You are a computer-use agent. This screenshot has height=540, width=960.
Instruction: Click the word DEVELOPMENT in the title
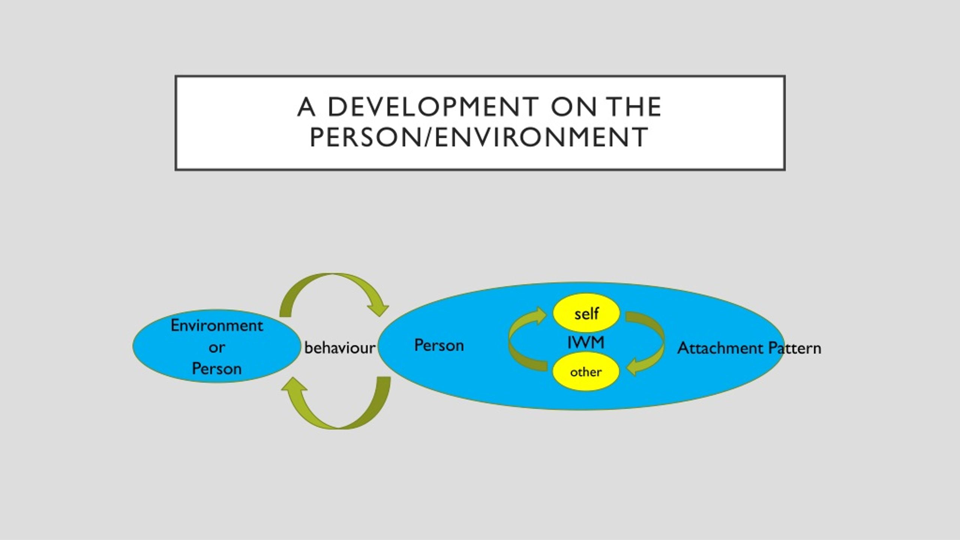433,107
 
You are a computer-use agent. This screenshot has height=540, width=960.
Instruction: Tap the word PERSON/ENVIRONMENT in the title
479,137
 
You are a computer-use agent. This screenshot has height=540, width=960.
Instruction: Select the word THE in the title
633,107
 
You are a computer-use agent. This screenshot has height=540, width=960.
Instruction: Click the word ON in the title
573,107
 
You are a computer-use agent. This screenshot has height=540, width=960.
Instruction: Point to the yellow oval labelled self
586,313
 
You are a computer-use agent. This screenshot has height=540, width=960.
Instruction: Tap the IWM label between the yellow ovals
586,342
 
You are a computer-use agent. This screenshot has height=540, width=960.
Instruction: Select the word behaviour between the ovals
340,348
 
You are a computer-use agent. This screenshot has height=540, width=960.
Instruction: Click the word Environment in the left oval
217,325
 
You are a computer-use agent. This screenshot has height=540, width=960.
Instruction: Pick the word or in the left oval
217,348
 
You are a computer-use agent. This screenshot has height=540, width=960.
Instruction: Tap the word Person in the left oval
217,369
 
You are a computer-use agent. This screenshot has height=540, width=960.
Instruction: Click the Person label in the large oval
439,345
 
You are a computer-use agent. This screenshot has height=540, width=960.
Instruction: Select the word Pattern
795,348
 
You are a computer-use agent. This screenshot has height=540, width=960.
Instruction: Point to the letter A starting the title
306,107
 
